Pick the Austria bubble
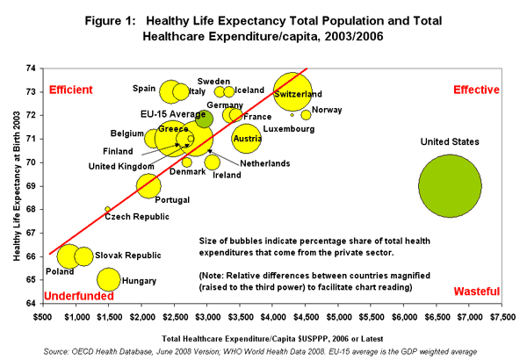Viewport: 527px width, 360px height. pyautogui.click(x=248, y=139)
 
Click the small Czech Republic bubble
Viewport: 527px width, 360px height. pyautogui.click(x=108, y=209)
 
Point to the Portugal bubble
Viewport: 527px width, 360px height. pyautogui.click(x=148, y=186)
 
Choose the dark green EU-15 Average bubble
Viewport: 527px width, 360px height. pyautogui.click(x=204, y=119)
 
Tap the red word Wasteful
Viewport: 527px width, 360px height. pyautogui.click(x=477, y=292)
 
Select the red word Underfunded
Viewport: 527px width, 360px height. pyautogui.click(x=80, y=296)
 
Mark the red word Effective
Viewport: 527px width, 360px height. pyautogui.click(x=476, y=90)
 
